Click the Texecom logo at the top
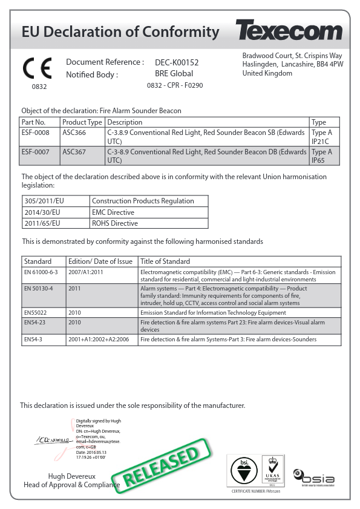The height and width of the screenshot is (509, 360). click(289, 30)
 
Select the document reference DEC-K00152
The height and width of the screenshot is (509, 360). click(177, 62)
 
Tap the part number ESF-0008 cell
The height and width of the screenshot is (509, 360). click(34, 133)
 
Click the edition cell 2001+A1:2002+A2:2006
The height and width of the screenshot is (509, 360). click(100, 340)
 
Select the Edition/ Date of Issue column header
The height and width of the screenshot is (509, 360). click(100, 261)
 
